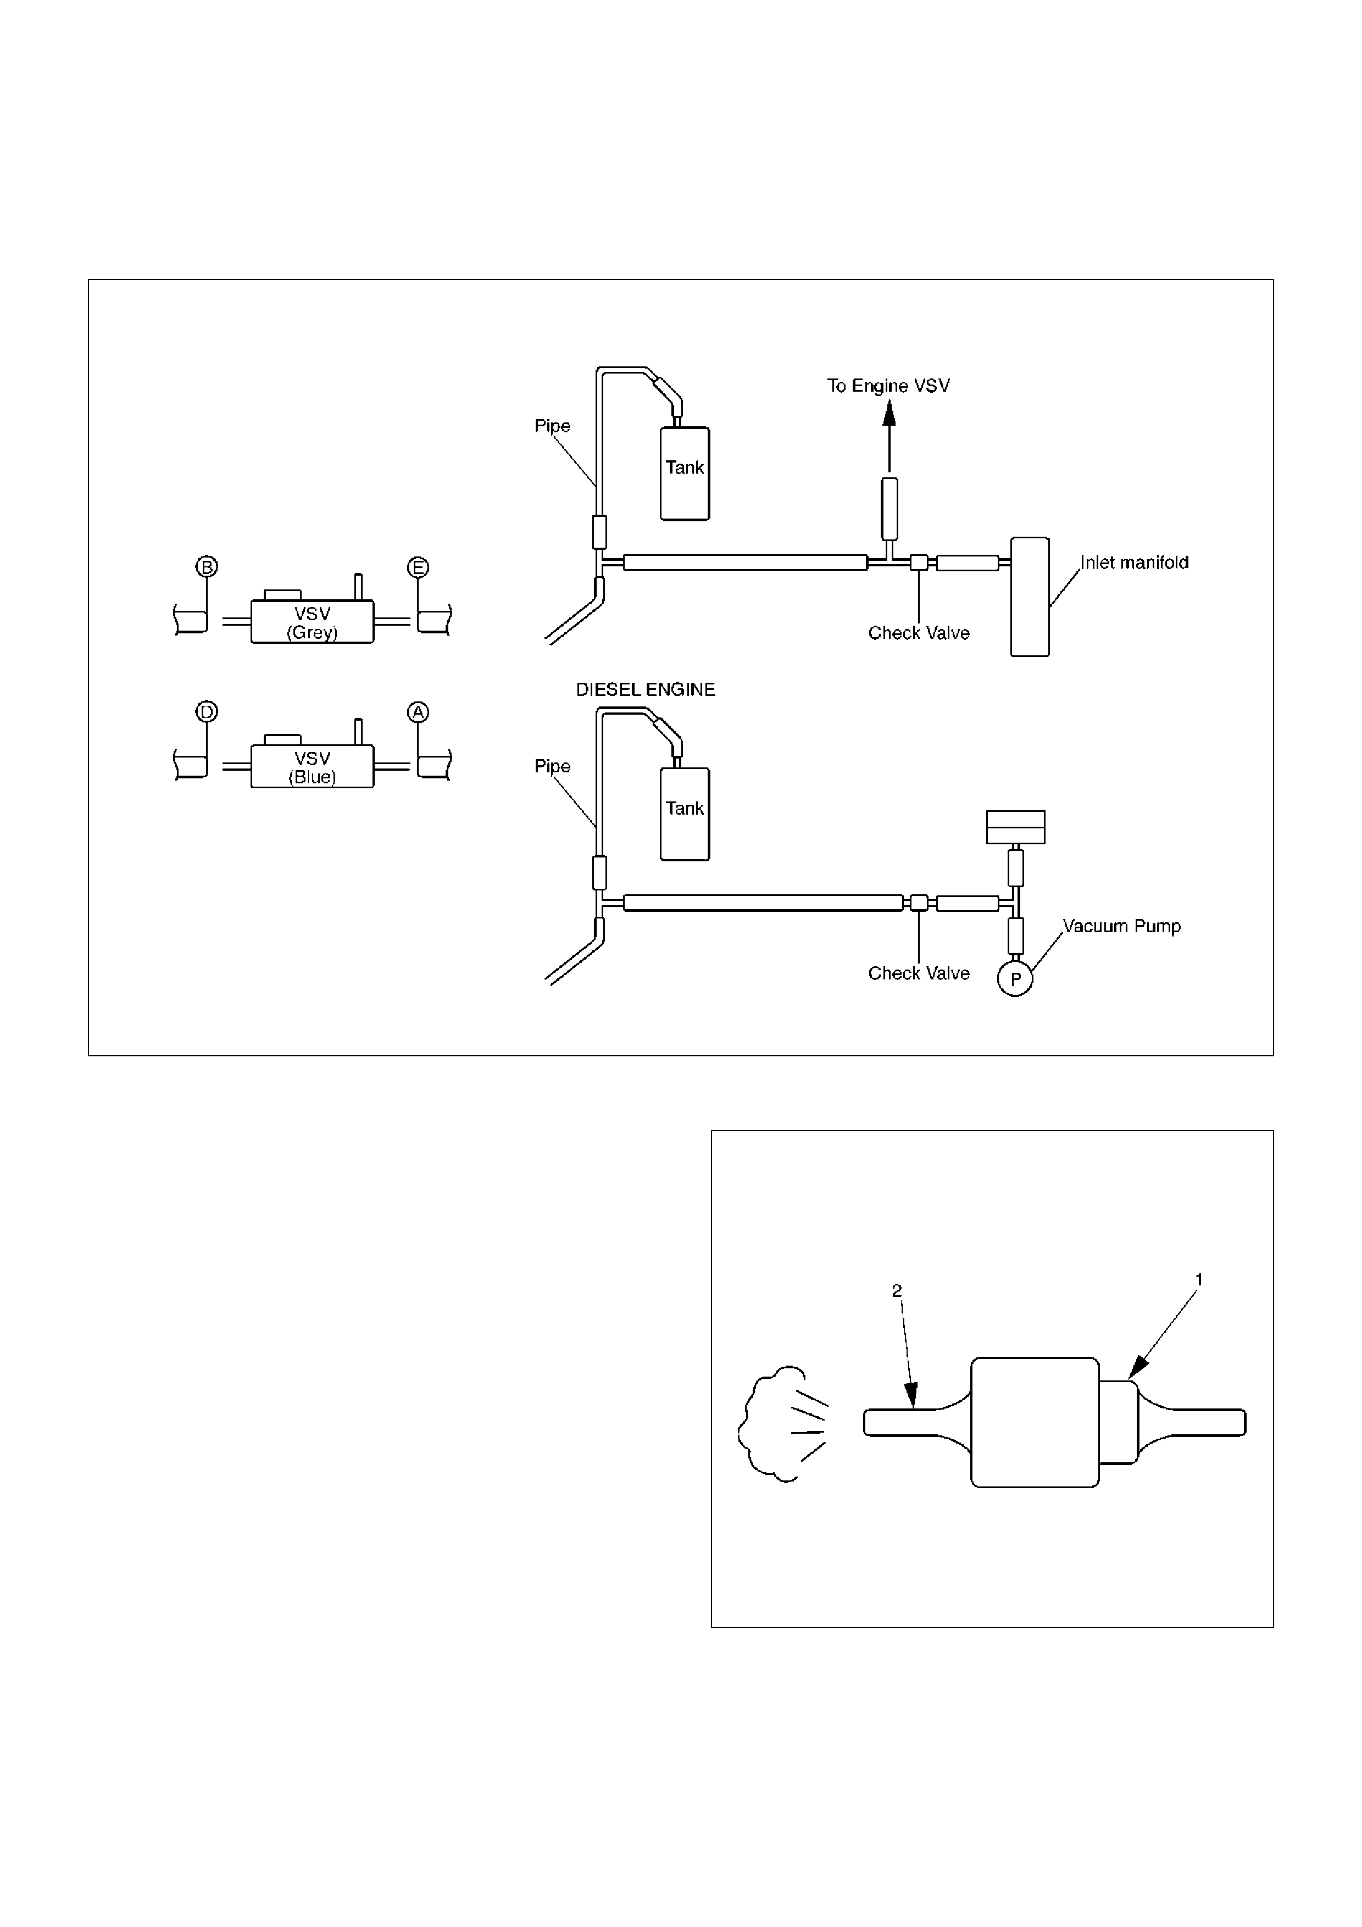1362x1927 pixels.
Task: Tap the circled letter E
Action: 418,567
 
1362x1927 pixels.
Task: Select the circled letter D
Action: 207,712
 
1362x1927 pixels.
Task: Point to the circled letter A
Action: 418,712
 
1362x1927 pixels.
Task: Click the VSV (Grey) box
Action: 312,622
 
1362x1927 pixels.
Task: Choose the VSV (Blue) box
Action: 312,766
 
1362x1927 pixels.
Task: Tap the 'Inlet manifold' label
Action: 1134,562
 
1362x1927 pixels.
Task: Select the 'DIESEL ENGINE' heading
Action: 646,690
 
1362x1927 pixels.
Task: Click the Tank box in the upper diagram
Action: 685,474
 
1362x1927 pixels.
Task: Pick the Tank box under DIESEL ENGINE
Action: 685,814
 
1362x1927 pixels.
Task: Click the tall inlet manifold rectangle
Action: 1030,597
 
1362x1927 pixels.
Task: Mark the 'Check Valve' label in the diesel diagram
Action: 919,973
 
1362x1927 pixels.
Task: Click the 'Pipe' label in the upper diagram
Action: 552,426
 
